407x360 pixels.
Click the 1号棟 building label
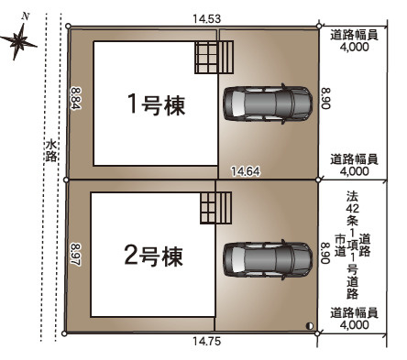click(156, 104)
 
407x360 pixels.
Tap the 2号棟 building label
click(153, 256)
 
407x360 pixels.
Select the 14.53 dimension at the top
click(206, 19)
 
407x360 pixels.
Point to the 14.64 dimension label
click(246, 171)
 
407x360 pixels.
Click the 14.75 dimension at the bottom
click(206, 341)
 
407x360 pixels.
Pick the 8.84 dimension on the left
click(75, 99)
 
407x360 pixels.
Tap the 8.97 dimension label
click(75, 255)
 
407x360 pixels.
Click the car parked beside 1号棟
click(268, 104)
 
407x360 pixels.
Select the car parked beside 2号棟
click(268, 260)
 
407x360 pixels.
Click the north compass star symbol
click(19, 40)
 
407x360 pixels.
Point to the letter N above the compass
click(26, 16)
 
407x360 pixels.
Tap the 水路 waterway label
click(51, 150)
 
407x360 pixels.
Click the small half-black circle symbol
click(310, 326)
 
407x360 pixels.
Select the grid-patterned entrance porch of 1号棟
click(214, 57)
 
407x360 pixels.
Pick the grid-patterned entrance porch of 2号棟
click(215, 208)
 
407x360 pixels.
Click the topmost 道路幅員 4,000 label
click(354, 41)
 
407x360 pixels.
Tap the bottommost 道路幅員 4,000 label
click(354, 319)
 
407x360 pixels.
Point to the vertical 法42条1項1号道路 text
click(352, 245)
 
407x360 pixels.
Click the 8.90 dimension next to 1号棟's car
click(326, 98)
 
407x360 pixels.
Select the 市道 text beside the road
click(340, 245)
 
